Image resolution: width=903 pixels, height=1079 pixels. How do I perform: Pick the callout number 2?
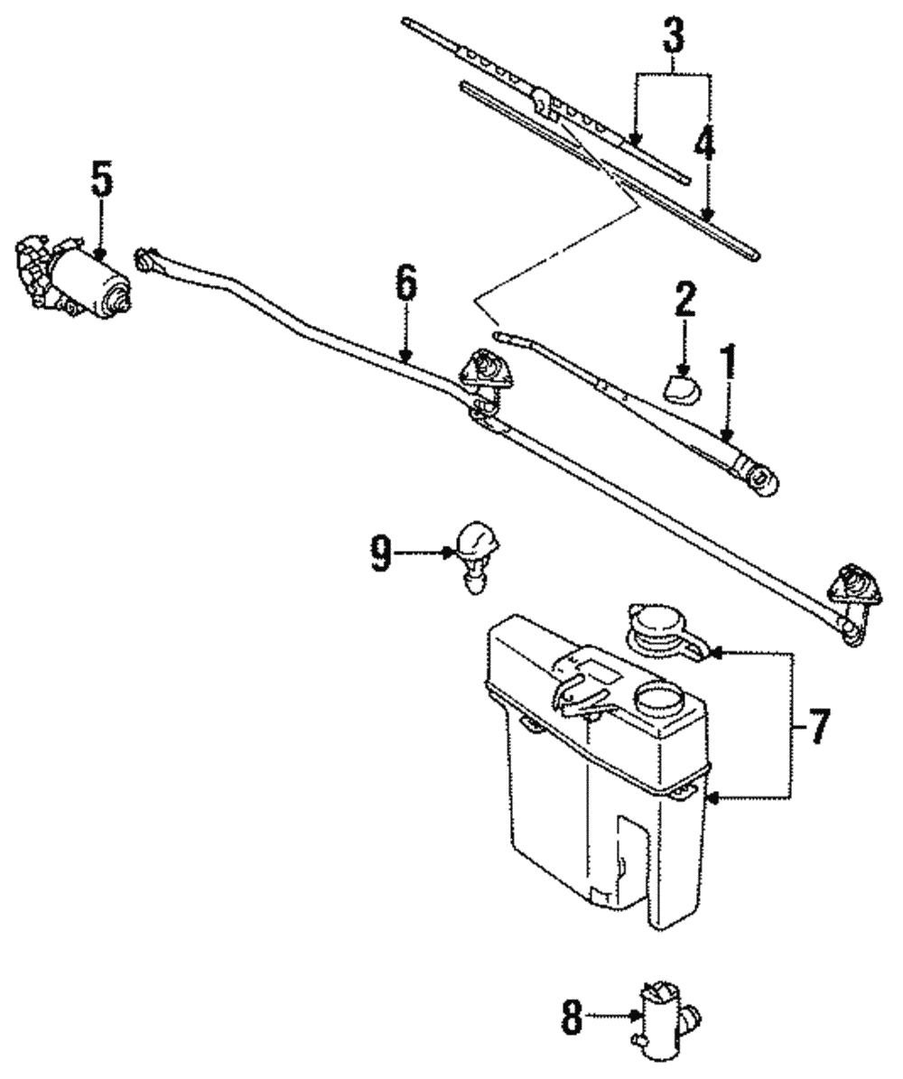coord(684,301)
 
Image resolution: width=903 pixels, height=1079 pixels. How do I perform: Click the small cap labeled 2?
coord(682,388)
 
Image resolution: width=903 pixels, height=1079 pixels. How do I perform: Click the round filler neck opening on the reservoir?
coord(659,700)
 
